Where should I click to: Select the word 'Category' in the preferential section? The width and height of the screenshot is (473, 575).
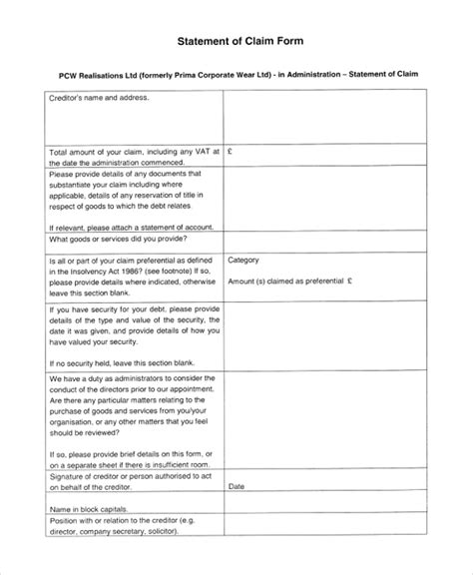coord(244,261)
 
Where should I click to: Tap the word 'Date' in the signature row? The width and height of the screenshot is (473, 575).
coord(236,486)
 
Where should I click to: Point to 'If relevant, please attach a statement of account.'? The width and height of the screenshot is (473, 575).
coord(130,227)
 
